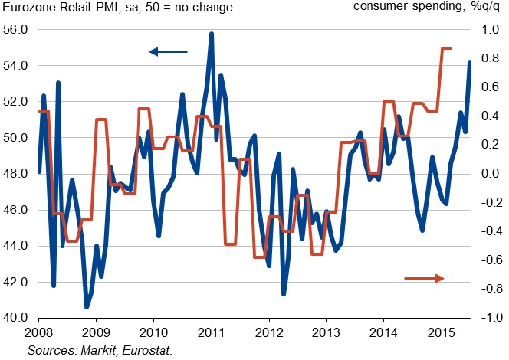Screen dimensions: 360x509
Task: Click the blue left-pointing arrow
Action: click(167, 52)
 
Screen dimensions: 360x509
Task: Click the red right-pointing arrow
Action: click(424, 278)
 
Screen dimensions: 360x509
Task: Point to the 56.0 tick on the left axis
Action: click(15, 30)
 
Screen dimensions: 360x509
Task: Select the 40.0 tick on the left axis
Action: click(15, 318)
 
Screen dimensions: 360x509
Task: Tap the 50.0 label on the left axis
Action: click(15, 138)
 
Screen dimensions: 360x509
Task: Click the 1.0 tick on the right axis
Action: click(488, 30)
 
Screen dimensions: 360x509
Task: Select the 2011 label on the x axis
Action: click(211, 333)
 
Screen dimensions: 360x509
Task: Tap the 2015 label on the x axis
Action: click(442, 333)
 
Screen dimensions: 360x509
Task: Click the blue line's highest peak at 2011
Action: click(211, 34)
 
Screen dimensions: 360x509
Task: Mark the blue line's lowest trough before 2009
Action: click(87, 307)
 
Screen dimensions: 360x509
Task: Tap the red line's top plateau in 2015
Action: click(446, 48)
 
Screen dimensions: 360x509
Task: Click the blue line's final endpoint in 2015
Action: click(470, 62)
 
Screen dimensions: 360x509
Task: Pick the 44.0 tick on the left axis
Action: click(15, 246)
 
